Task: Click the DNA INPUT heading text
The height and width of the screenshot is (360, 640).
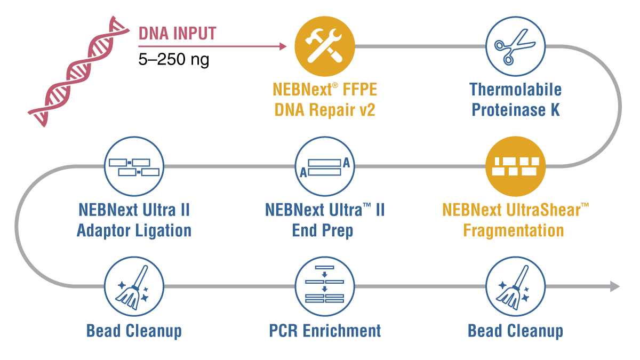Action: tap(177, 33)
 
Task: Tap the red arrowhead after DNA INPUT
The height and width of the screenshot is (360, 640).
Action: tap(283, 46)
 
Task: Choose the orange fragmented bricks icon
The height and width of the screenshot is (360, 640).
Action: tap(515, 166)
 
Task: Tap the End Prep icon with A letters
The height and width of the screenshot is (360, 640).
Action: tap(325, 166)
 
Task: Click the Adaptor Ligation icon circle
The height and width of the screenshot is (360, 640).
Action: tap(134, 166)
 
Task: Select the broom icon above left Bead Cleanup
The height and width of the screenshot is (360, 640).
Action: tap(134, 286)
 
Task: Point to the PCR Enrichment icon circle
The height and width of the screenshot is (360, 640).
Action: tap(325, 286)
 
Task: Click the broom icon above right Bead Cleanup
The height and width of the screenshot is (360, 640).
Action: tap(515, 286)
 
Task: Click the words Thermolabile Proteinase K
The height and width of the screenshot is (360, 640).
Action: tap(515, 100)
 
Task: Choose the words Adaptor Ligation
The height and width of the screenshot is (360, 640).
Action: tap(134, 231)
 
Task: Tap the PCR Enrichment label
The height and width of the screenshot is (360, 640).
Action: tap(325, 331)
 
